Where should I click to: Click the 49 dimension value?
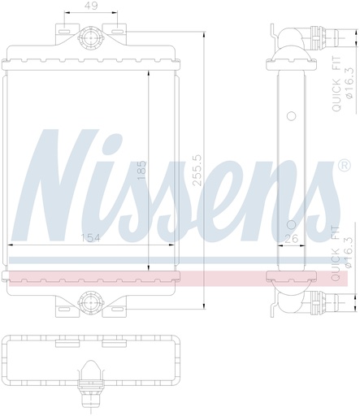91,6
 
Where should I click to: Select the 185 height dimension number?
141,171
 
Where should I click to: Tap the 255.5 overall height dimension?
197,171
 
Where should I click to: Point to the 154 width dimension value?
90,238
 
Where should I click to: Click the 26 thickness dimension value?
292,239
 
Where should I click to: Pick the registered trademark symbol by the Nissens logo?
345,165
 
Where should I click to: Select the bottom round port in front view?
90,302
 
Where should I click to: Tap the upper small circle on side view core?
292,116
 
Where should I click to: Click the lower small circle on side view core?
292,225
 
